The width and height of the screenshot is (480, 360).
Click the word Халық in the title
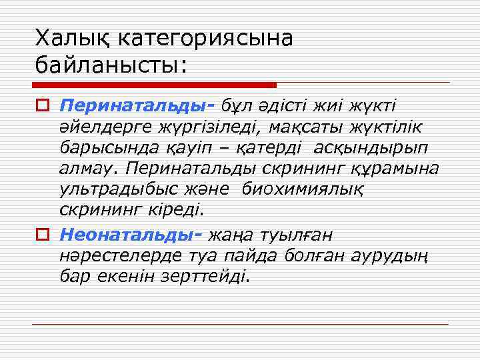pos(72,38)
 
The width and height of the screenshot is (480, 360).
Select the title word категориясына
pos(205,38)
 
